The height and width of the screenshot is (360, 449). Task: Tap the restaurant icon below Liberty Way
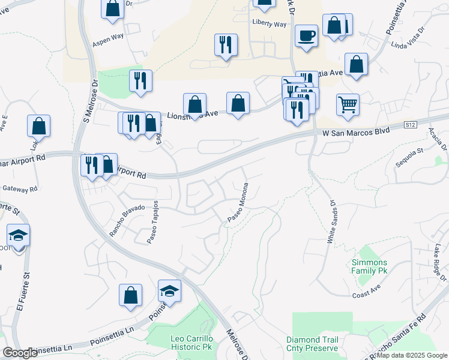point(226,45)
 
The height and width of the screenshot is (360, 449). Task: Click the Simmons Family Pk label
point(370,267)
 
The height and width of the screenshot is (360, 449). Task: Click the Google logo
point(20,353)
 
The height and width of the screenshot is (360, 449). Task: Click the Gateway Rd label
point(20,189)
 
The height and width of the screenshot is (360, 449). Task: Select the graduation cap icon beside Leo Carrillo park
point(170,292)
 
